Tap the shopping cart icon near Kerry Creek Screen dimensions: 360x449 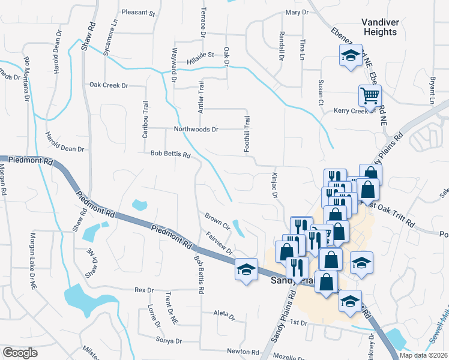[370, 95]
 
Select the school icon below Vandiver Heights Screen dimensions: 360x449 [350, 57]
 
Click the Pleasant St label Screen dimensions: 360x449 [138, 12]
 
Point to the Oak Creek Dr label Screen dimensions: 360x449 [109, 85]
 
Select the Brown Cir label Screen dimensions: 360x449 [217, 220]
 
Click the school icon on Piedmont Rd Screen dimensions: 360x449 [246, 271]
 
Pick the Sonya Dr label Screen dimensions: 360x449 [169, 341]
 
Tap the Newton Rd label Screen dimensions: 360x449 [242, 351]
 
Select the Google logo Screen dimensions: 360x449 [20, 353]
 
